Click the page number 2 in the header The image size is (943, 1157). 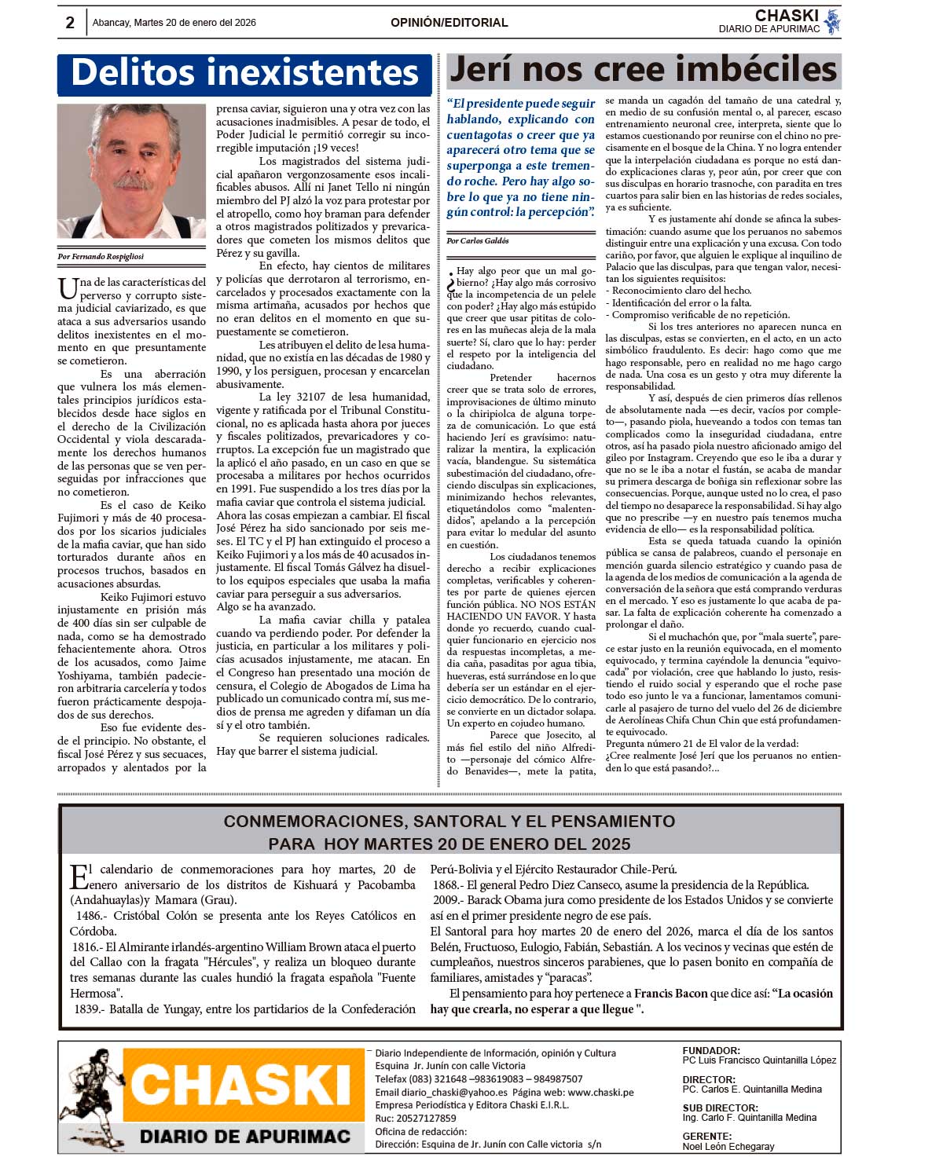[70, 23]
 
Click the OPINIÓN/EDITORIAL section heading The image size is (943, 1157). [449, 23]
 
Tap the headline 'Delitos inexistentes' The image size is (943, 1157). [244, 73]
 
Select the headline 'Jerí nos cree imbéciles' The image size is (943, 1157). [643, 70]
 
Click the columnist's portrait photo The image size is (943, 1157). [131, 170]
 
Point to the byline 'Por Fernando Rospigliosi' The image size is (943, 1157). [101, 256]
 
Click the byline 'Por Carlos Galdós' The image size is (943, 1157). [478, 240]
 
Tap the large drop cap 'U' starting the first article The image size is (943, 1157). [68, 288]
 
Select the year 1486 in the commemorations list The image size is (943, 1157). [89, 916]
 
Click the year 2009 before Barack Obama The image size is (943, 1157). [446, 900]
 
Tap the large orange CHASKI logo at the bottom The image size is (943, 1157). [240, 1086]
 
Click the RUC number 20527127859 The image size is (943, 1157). [427, 1119]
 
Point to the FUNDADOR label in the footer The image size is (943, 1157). [711, 1050]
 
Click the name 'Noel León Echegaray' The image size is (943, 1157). [728, 1147]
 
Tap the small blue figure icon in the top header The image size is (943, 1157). [833, 22]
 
